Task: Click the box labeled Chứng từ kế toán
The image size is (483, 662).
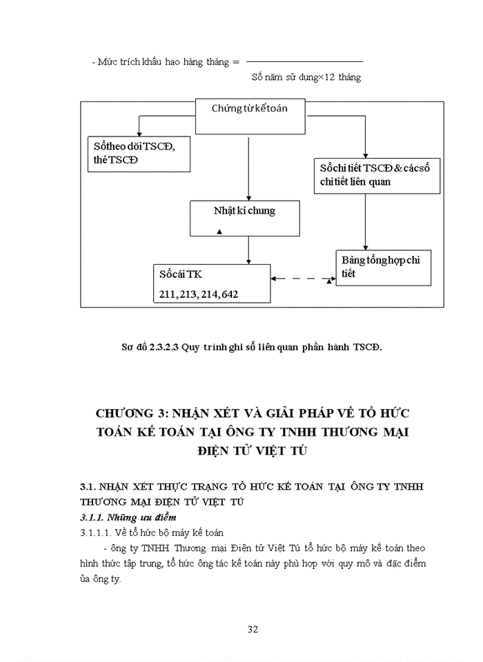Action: (249, 110)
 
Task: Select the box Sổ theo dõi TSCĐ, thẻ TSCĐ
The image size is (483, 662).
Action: (139, 153)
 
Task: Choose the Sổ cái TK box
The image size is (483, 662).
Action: (211, 283)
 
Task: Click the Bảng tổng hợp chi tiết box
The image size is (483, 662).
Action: (384, 268)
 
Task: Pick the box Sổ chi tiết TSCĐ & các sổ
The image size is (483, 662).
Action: (375, 175)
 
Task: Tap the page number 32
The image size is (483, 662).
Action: (253, 629)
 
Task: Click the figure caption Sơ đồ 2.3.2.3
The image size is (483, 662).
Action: (251, 346)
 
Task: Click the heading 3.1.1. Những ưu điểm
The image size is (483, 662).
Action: (128, 516)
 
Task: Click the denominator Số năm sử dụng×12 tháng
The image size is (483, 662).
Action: (306, 77)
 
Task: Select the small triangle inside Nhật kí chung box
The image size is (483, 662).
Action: (219, 232)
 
